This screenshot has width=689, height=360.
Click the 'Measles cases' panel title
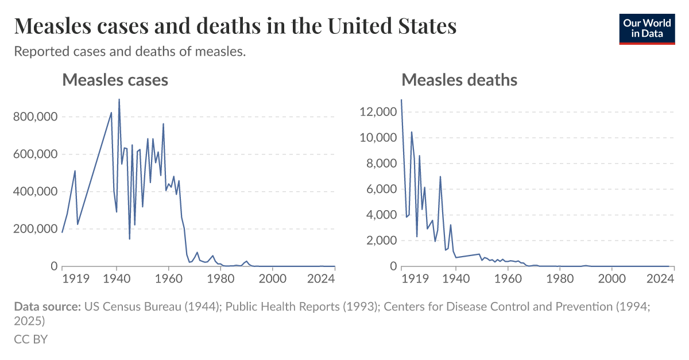115,80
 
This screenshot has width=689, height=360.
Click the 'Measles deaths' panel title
459,80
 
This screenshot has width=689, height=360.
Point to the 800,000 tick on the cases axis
35,117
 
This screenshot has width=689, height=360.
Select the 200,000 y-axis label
35,229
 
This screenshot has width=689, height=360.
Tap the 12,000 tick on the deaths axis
377,112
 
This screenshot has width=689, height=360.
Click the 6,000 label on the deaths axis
380,189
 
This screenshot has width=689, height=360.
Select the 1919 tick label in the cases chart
75,278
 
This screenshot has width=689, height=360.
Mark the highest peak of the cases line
119,99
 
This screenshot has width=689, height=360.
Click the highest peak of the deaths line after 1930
440,177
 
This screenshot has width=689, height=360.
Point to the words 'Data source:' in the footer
47,307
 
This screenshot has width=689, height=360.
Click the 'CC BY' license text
30,339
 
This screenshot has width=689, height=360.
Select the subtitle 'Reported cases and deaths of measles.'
130,52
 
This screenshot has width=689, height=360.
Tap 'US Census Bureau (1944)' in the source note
152,307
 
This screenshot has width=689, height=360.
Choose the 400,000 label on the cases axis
35,192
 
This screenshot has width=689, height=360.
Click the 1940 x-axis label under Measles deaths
456,278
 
